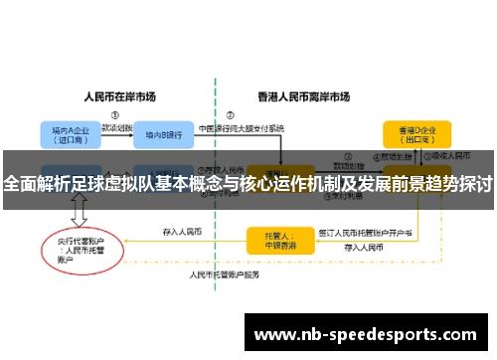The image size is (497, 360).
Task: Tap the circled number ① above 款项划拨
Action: click(x=115, y=114)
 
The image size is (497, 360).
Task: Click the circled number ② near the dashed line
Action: click(x=231, y=114)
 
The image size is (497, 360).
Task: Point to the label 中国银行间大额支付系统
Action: click(x=243, y=127)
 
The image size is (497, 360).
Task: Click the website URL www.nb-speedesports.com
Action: click(x=367, y=333)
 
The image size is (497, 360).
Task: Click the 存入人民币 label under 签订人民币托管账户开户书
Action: click(x=364, y=246)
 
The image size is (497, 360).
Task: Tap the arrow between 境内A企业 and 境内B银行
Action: click(x=111, y=134)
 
